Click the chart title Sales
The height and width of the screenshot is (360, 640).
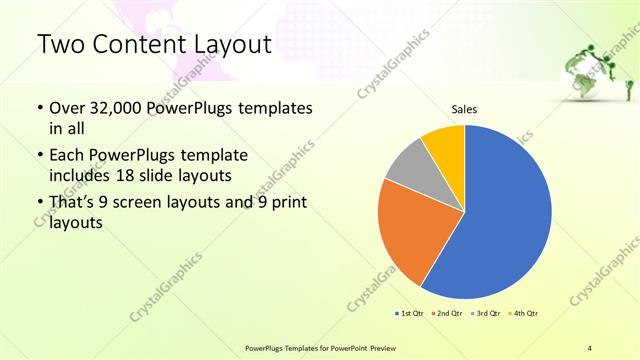(464, 109)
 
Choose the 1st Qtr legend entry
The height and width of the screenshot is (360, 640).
(410, 314)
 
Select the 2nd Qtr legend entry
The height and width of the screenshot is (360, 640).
(447, 314)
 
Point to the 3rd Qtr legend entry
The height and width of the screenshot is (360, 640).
(485, 314)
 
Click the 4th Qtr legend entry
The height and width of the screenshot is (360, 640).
(523, 314)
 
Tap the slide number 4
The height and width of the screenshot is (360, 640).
(590, 346)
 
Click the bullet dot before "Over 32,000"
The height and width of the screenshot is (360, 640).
(39, 108)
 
